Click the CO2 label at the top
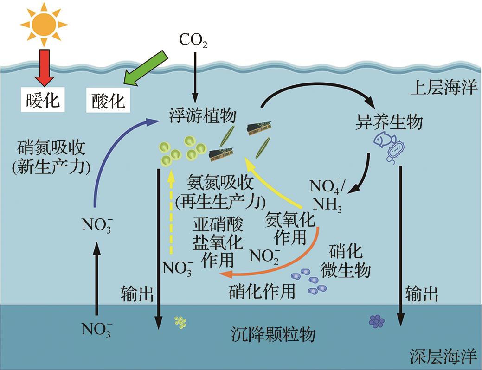point(193,41)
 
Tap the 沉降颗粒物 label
point(273,335)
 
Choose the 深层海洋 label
point(443,357)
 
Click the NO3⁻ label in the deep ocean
point(97,330)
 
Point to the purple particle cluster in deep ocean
point(376,321)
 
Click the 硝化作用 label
point(262,293)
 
